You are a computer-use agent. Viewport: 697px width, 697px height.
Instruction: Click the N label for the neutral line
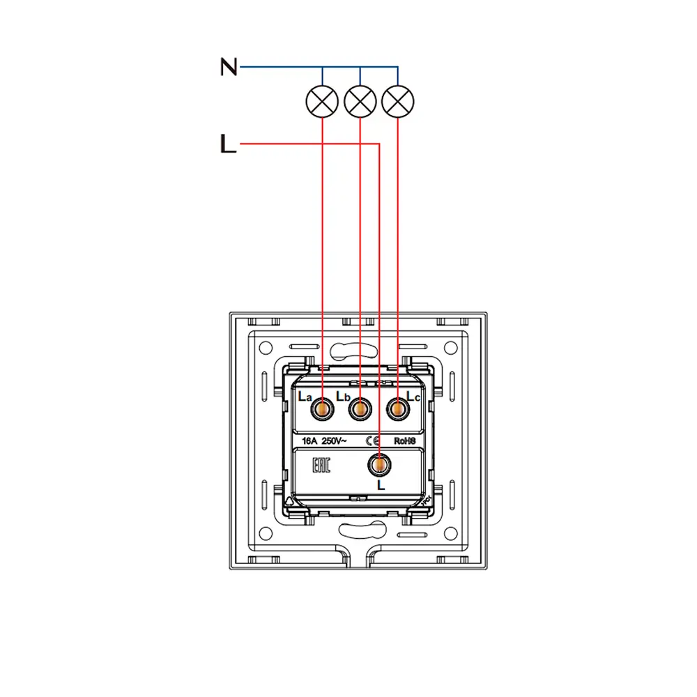229,67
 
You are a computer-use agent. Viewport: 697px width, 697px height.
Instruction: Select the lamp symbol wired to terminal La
322,102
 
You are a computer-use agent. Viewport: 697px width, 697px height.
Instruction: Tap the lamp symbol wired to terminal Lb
360,102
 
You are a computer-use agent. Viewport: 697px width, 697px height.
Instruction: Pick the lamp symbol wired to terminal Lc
397,102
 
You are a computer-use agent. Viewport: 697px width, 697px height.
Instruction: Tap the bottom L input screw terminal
379,464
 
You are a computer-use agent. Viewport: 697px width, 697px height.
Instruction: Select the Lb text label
342,397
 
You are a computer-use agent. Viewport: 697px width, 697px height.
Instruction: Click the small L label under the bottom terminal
381,484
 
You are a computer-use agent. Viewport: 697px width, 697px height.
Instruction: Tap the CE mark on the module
372,441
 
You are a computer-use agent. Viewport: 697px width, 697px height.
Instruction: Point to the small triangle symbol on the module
290,500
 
